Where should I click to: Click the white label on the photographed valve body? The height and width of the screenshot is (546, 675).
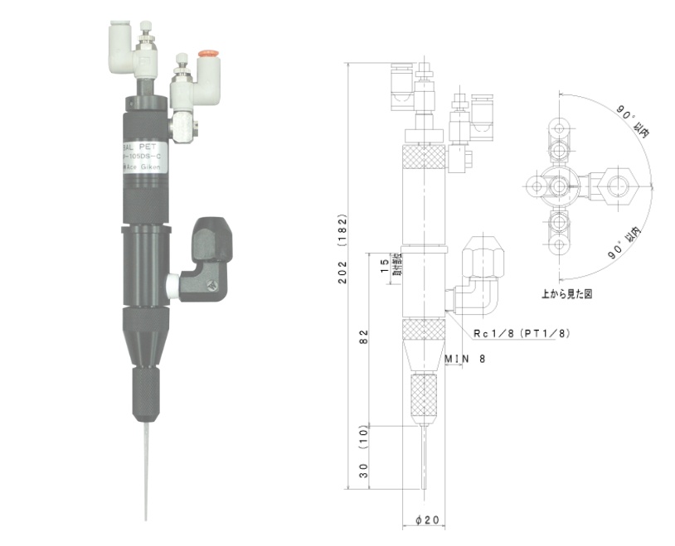tap(144, 157)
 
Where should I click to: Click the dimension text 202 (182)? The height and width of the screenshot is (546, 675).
tap(342, 249)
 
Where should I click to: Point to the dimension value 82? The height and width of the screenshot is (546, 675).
tap(366, 336)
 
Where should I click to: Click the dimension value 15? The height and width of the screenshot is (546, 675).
tap(382, 265)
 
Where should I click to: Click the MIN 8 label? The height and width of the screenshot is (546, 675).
tap(464, 359)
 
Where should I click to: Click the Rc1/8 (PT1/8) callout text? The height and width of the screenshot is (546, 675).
tap(522, 332)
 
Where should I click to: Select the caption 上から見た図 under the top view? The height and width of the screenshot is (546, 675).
tap(566, 293)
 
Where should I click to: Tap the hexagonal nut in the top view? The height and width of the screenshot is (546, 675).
tap(618, 186)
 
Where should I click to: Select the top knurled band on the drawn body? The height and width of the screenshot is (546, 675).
tap(425, 154)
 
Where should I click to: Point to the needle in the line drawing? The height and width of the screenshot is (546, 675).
tap(425, 464)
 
